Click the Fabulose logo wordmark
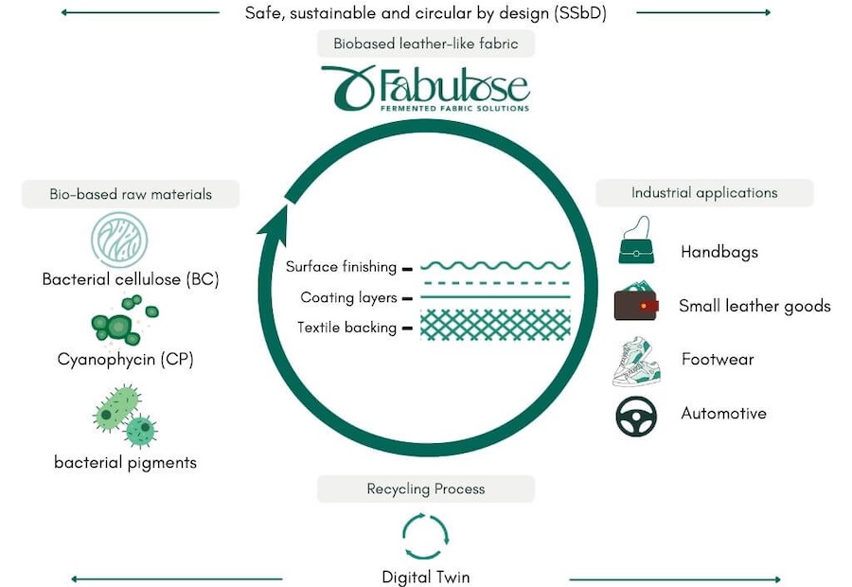click(x=425, y=89)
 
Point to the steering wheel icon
click(x=636, y=416)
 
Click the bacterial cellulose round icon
click(x=119, y=240)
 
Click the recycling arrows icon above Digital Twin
click(x=425, y=536)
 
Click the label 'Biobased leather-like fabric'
click(x=425, y=44)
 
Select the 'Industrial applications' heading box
click(x=703, y=193)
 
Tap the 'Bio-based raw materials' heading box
click(x=131, y=195)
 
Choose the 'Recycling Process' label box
click(x=425, y=489)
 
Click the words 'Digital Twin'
click(x=425, y=577)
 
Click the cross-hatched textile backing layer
click(x=495, y=326)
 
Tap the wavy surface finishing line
click(x=495, y=266)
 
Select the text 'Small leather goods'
click(x=754, y=306)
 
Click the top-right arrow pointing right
click(x=705, y=12)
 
